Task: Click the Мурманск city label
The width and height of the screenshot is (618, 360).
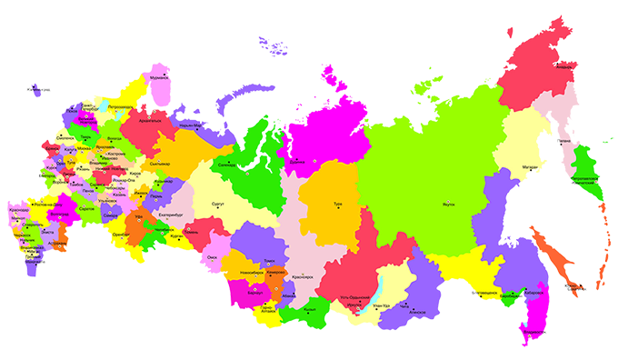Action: pos(160,77)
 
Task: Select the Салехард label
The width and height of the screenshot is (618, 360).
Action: pos(227,165)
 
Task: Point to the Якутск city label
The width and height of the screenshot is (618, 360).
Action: pos(447,206)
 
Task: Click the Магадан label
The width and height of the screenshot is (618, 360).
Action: pos(531,166)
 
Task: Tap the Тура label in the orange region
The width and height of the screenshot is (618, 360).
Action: pos(338,205)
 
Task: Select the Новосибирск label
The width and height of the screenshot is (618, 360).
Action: pos(254,274)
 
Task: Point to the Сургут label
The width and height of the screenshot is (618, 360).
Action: pos(218,206)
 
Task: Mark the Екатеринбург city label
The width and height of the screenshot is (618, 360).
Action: pos(172,215)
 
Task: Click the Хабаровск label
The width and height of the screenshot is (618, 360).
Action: pos(534,294)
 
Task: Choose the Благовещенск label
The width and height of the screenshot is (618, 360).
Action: pos(482,293)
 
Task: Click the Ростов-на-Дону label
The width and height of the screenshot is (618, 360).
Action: pos(47,205)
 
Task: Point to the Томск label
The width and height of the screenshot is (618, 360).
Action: pos(270,261)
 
